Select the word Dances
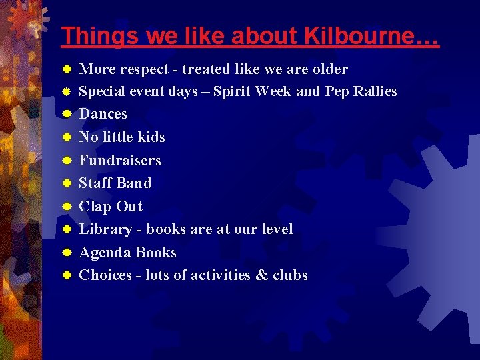pyautogui.click(x=103, y=114)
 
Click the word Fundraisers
pyautogui.click(x=120, y=160)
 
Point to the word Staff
pyautogui.click(x=95, y=183)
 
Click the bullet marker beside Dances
pyautogui.click(x=67, y=114)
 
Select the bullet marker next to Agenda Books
pyautogui.click(x=67, y=253)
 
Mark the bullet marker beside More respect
pyautogui.click(x=67, y=69)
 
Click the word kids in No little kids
pyautogui.click(x=150, y=137)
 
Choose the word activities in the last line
pyautogui.click(x=221, y=275)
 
